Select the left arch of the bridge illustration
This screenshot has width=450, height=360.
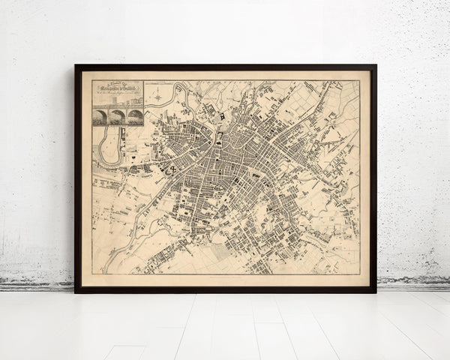click(x=100, y=116)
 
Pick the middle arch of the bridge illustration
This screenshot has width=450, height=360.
click(x=118, y=116)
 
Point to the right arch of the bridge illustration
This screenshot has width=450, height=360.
click(x=135, y=116)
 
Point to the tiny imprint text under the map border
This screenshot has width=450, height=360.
click(x=225, y=277)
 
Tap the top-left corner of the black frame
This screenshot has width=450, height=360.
click(x=76, y=66)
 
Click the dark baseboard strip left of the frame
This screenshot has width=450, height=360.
click(x=37, y=285)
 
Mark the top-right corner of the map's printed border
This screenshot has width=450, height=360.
click(x=359, y=81)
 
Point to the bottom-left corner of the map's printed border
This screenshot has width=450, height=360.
click(x=91, y=274)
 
